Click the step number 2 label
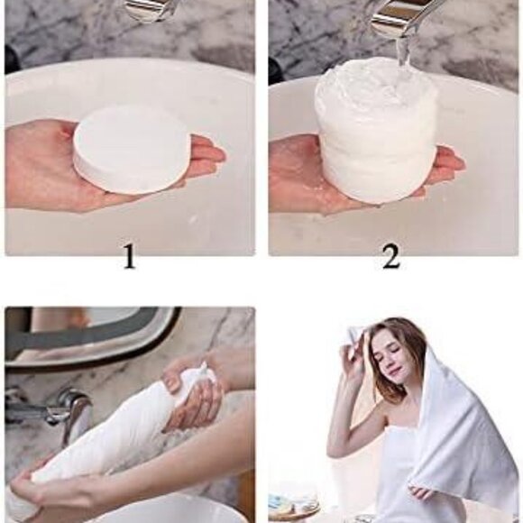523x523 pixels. pos(390,257)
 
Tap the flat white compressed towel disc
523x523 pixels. pos(132,148)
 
